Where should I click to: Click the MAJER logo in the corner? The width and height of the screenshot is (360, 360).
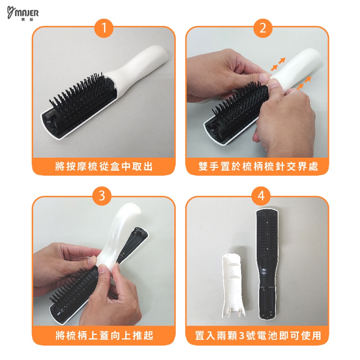point(23,14)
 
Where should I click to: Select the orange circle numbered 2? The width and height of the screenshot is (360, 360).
point(263,28)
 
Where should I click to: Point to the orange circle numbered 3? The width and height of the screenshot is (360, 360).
point(102,196)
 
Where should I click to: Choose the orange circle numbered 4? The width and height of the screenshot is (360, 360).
point(261,196)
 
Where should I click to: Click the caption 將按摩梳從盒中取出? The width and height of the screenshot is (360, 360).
point(104,166)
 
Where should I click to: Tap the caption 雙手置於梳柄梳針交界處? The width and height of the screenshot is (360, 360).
point(258,166)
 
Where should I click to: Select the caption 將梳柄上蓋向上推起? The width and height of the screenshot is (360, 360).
point(104,336)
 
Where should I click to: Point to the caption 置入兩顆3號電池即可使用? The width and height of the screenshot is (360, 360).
point(258,336)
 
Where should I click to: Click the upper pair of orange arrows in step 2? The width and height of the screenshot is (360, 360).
point(278,64)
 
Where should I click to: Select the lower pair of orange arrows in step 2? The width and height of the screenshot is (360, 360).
point(304,83)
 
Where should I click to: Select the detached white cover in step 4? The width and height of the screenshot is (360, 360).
point(233,285)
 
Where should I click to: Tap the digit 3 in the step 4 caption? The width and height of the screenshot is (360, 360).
point(242,336)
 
